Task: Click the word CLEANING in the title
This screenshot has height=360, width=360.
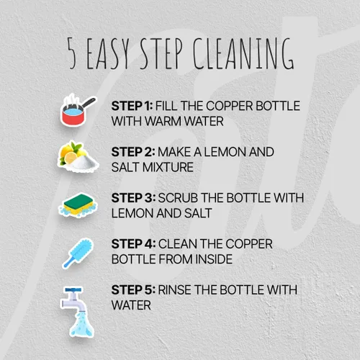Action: coord(243,53)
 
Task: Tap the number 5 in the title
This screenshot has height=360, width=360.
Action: coord(71,53)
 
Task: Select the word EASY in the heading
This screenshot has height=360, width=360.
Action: coord(108,53)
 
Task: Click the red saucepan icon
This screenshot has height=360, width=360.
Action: coord(78,110)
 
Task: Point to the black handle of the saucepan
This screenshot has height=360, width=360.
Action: coord(88,102)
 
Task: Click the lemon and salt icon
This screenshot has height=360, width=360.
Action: coord(78,157)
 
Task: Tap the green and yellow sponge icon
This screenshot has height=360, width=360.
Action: coord(78,205)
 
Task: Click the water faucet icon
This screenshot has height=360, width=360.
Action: coord(76,312)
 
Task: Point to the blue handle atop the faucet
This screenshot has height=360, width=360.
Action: coord(73,290)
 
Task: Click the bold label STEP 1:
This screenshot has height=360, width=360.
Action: coord(132,106)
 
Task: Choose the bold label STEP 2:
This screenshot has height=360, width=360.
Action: coord(133,152)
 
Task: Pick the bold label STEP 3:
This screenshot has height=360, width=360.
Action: coord(133,198)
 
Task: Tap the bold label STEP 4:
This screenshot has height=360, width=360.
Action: coord(133,244)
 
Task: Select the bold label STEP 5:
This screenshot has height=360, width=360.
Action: coord(133,290)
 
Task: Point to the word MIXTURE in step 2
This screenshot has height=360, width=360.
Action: coord(168,167)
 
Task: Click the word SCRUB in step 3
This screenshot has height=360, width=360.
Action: coord(178,198)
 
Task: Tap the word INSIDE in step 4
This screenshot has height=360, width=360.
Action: coord(214,259)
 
